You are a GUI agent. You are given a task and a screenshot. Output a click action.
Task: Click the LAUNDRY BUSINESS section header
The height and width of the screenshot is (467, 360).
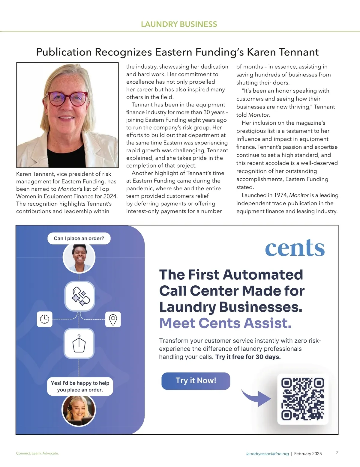pyautogui.click(x=179, y=24)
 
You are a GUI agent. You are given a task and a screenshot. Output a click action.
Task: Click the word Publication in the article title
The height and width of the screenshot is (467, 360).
pyautogui.click(x=64, y=52)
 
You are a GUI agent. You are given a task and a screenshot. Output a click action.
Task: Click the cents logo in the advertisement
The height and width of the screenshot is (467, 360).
pyautogui.click(x=295, y=248)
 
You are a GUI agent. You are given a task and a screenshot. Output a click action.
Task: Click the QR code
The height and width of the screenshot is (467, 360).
pyautogui.click(x=303, y=399)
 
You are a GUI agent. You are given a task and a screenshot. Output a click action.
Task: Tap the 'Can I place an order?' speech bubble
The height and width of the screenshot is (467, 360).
pyautogui.click(x=79, y=238)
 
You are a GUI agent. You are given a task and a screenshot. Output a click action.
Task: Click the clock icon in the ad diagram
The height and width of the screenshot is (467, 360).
pyautogui.click(x=44, y=319)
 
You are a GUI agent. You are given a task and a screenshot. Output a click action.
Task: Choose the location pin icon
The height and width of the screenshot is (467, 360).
pyautogui.click(x=113, y=320)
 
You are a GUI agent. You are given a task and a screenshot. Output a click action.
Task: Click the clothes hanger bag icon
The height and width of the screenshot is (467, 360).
pyautogui.click(x=79, y=344)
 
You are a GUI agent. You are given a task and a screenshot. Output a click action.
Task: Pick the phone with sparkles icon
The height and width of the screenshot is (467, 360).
pyautogui.click(x=80, y=296)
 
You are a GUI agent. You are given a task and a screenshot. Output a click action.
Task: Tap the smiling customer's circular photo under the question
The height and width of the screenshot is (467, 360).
pyautogui.click(x=79, y=258)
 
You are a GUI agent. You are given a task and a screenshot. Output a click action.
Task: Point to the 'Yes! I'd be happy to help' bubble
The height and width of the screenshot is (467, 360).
pyautogui.click(x=80, y=386)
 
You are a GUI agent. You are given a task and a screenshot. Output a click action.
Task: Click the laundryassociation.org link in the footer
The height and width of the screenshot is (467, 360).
pyautogui.click(x=267, y=454)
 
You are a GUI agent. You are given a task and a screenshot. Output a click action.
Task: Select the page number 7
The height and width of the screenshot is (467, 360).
pyautogui.click(x=337, y=452)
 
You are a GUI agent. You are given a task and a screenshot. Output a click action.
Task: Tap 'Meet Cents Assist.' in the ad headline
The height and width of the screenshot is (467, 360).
pyautogui.click(x=225, y=323)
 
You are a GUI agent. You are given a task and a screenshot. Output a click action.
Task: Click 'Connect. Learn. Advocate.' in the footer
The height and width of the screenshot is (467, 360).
pyautogui.click(x=37, y=453)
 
